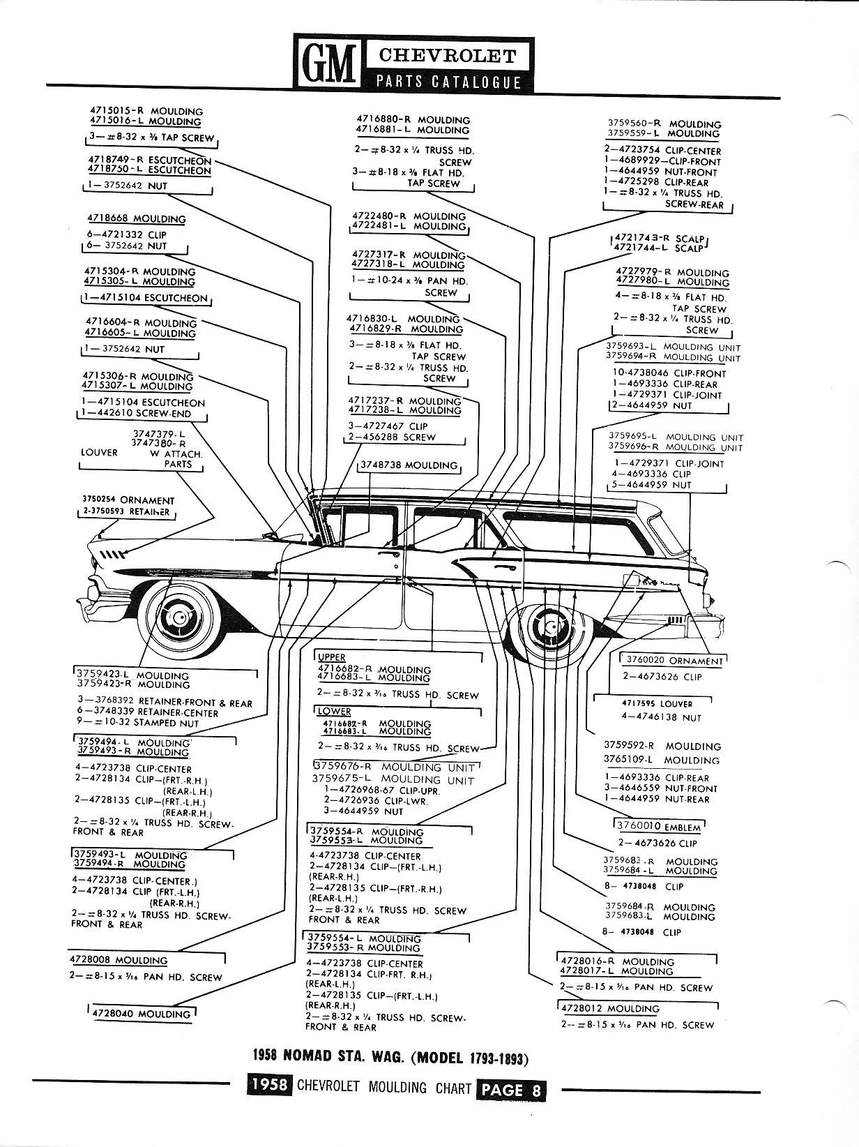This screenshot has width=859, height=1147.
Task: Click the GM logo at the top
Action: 326,62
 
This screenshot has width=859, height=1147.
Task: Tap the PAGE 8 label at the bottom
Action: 511,1088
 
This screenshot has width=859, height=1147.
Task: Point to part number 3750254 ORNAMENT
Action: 128,500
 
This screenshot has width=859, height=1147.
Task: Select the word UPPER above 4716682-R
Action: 332,657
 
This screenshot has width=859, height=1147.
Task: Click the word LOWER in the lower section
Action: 334,711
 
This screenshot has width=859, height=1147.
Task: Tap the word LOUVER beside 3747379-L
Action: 99,452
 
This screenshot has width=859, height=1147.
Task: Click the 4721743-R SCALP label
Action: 657,237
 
